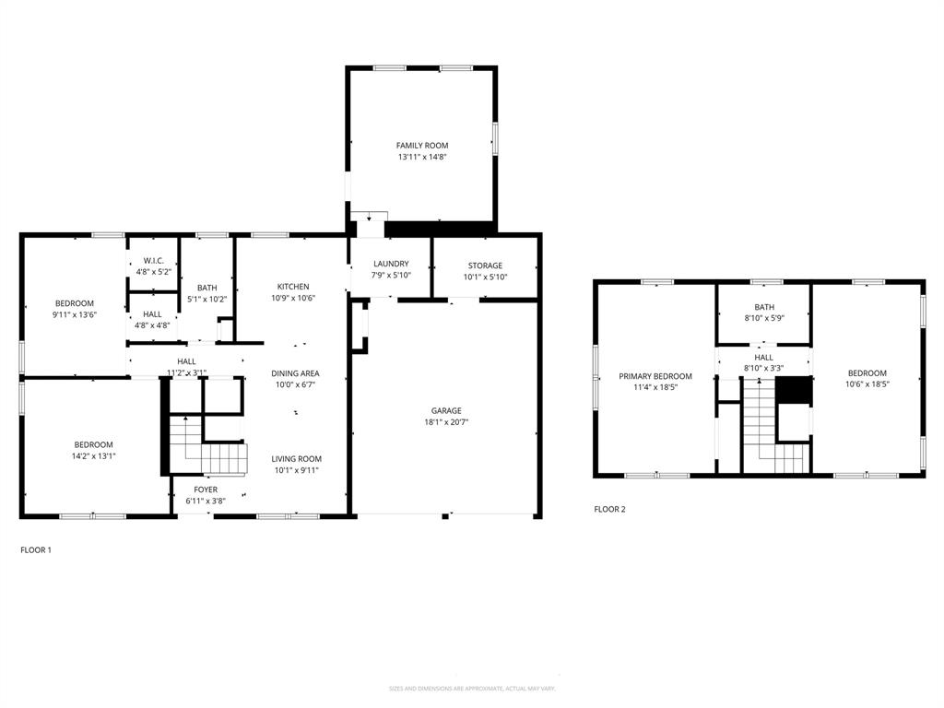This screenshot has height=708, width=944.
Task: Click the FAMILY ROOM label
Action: pyautogui.click(x=422, y=146)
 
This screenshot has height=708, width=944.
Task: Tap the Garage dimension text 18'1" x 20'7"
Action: pyautogui.click(x=446, y=422)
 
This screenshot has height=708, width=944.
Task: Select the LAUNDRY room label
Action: pyautogui.click(x=391, y=265)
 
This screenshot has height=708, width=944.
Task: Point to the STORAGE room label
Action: pyautogui.click(x=484, y=265)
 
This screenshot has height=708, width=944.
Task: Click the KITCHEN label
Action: pyautogui.click(x=293, y=287)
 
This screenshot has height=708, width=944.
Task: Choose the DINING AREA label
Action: pyautogui.click(x=295, y=373)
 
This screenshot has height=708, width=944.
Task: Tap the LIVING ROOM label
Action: pyautogui.click(x=296, y=459)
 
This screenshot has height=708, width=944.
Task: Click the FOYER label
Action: pyautogui.click(x=206, y=490)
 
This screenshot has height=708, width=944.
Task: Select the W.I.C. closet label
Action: pyautogui.click(x=152, y=261)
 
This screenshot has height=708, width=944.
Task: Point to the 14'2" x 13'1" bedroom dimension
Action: pyautogui.click(x=94, y=455)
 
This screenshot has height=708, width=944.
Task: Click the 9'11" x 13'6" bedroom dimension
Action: pyautogui.click(x=75, y=314)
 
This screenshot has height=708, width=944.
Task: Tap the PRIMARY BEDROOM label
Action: pyautogui.click(x=655, y=376)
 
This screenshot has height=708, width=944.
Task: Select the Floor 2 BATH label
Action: pyautogui.click(x=764, y=308)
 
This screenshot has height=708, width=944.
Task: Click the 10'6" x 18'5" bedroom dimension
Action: pyautogui.click(x=867, y=384)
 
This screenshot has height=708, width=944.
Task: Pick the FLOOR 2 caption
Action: pyautogui.click(x=609, y=509)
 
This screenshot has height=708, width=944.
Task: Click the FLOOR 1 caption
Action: pyautogui.click(x=36, y=550)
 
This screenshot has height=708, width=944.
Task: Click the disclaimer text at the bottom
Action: pyautogui.click(x=472, y=689)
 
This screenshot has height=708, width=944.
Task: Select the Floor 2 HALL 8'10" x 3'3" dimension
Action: pyautogui.click(x=764, y=369)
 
